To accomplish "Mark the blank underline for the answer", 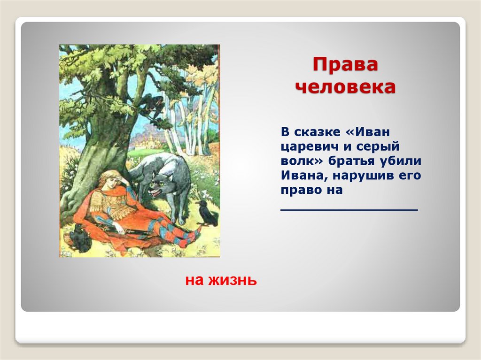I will pyautogui.click(x=349, y=210).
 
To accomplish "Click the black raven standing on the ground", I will pyautogui.click(x=207, y=212).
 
